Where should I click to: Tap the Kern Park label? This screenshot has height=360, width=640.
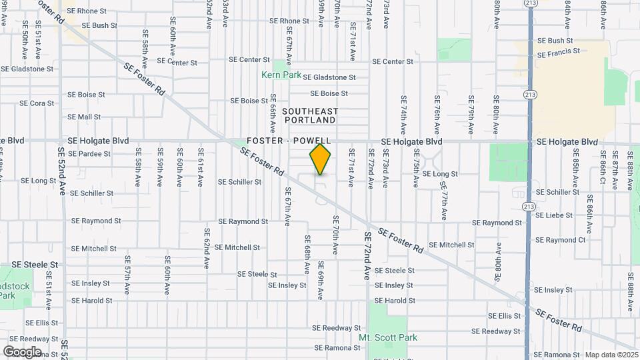(x=281, y=75)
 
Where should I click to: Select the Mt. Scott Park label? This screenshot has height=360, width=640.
(x=388, y=337)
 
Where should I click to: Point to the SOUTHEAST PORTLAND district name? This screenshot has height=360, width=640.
(x=310, y=115)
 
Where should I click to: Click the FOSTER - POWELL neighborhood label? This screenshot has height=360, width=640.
(x=289, y=141)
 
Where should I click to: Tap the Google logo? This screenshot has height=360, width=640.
(x=22, y=351)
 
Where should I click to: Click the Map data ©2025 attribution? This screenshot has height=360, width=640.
(x=611, y=355)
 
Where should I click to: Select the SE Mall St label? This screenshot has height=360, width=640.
(x=84, y=117)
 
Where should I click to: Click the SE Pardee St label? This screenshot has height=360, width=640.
(x=89, y=153)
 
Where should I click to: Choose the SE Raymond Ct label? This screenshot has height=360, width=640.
(x=560, y=240)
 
